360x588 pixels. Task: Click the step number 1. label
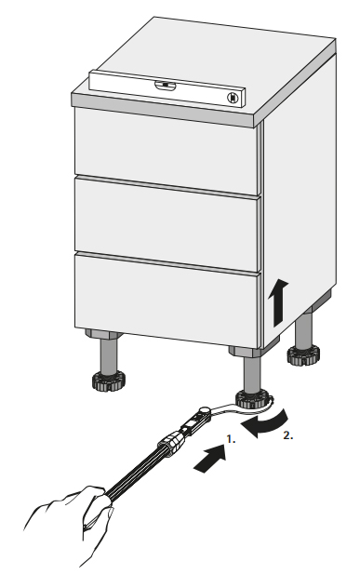[231, 439]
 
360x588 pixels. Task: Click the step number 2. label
[288, 435]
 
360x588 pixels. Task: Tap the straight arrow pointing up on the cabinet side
[278, 302]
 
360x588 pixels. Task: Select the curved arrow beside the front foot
[268, 423]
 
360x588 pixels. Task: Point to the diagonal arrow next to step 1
[211, 459]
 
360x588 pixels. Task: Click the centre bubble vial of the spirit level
[166, 86]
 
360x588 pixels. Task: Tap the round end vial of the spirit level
[233, 98]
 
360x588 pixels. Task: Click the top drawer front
[167, 151]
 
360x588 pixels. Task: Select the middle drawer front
[167, 224]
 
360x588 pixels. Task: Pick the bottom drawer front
[167, 300]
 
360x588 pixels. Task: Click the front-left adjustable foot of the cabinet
[109, 380]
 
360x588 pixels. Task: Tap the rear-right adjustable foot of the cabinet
[304, 354]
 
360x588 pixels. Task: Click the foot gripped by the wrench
[252, 399]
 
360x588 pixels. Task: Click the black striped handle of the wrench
[137, 471]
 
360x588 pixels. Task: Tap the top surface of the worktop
[210, 64]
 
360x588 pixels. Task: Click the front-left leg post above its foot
[109, 355]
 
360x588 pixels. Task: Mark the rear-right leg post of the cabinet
[303, 329]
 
